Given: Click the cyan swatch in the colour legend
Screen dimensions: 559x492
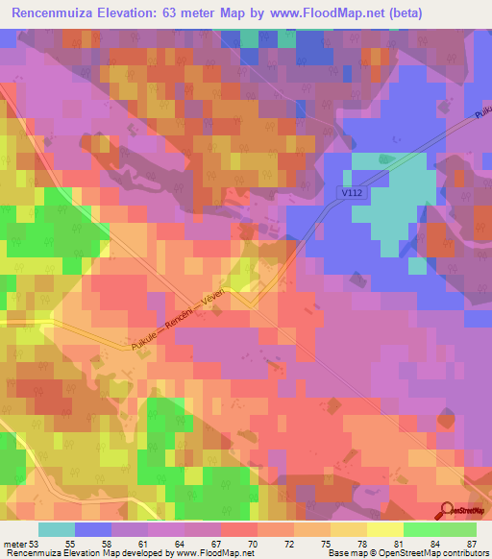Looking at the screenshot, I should pos(57,529).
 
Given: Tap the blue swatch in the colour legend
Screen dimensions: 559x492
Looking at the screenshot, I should pos(93,529).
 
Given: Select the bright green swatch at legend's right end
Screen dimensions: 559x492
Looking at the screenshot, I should pos(458,529).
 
